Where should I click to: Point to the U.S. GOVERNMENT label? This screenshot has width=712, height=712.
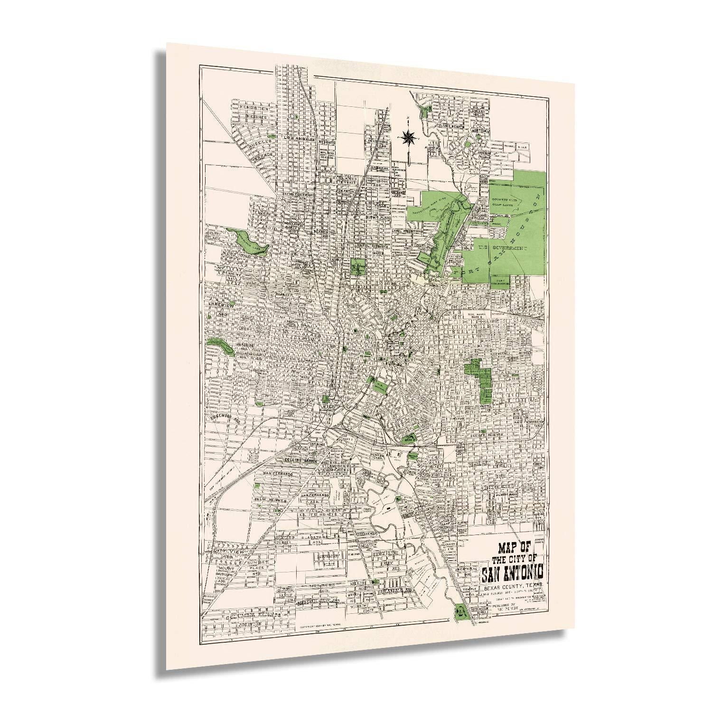(503, 248)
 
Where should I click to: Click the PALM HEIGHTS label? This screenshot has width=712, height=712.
(272, 500)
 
